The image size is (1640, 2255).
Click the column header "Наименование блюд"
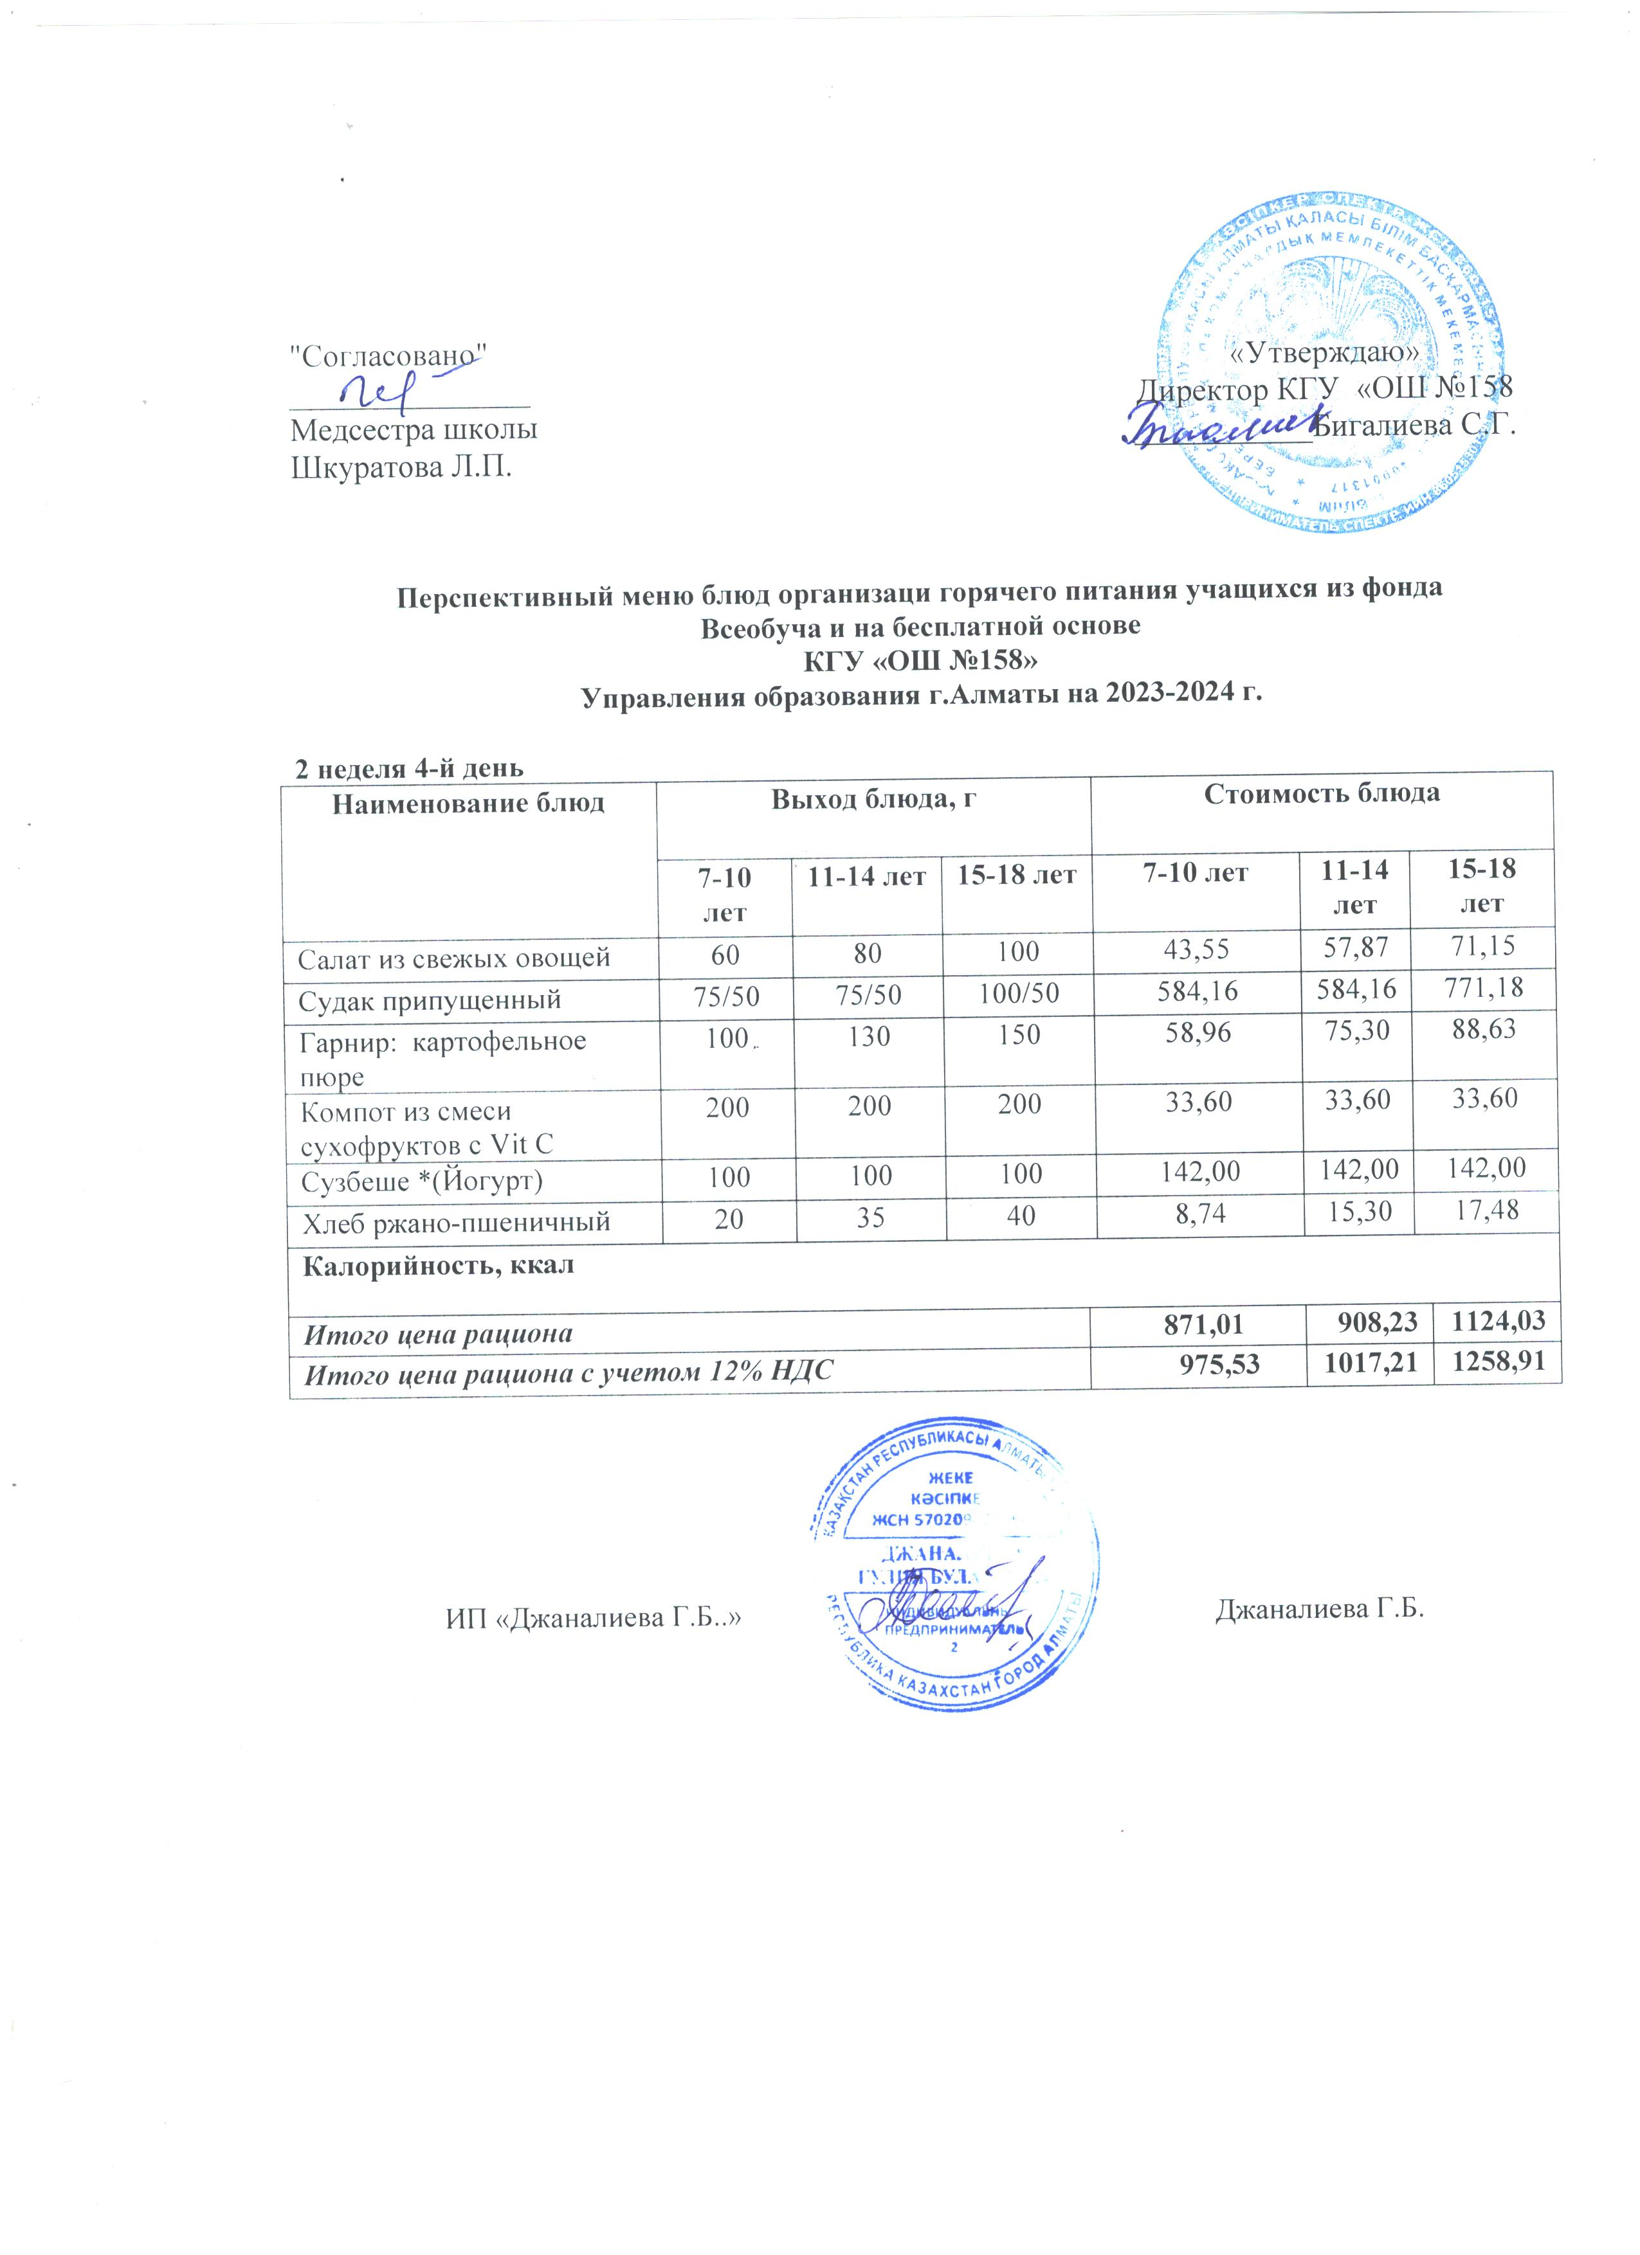click(x=468, y=802)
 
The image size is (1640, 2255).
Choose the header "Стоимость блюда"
click(x=1322, y=793)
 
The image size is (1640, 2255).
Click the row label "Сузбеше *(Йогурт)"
click(x=423, y=1181)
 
